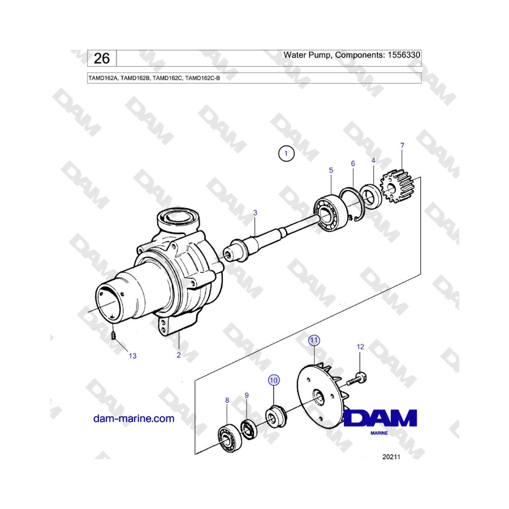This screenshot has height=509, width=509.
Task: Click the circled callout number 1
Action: (x=286, y=153)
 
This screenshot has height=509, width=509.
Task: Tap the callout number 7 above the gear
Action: (x=402, y=145)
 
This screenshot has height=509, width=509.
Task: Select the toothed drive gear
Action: (x=396, y=186)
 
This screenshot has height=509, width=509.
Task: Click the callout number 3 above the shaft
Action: (x=255, y=213)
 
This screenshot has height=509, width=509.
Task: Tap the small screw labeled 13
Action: (x=114, y=335)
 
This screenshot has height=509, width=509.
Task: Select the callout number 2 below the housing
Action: (x=179, y=355)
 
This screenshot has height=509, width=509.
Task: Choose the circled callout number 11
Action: (x=313, y=340)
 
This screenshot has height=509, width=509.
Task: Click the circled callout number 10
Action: (x=274, y=380)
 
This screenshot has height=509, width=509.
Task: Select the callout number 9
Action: (x=247, y=395)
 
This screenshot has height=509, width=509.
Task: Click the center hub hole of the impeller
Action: (x=318, y=398)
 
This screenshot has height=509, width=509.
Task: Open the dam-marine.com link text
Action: (x=133, y=419)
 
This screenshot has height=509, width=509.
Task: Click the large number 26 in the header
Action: (x=102, y=58)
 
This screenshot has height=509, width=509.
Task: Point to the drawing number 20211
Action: (x=391, y=457)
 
